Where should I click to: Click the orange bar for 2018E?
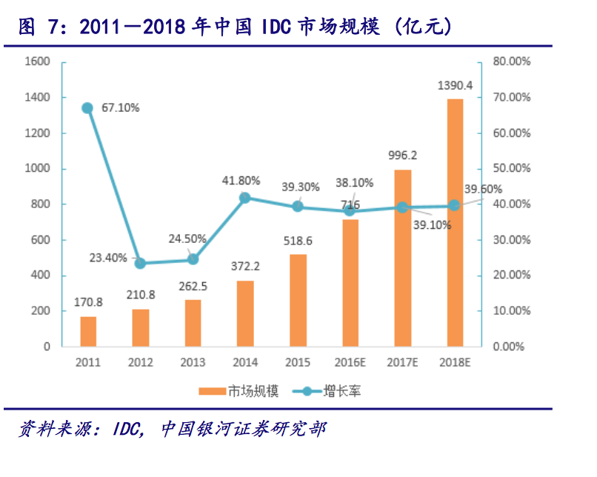click(x=455, y=222)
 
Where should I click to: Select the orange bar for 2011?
click(x=88, y=331)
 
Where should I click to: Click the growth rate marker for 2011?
click(x=87, y=108)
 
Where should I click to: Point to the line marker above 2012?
click(x=140, y=263)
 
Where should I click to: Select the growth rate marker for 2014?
click(x=245, y=198)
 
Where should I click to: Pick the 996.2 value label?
click(x=402, y=156)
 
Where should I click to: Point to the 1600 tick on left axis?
click(x=39, y=62)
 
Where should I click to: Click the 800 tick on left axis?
click(x=41, y=204)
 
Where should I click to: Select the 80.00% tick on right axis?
click(x=511, y=62)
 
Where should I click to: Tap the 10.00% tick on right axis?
click(x=511, y=311)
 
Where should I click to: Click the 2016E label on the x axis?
click(x=350, y=363)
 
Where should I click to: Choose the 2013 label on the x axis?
click(x=193, y=363)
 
